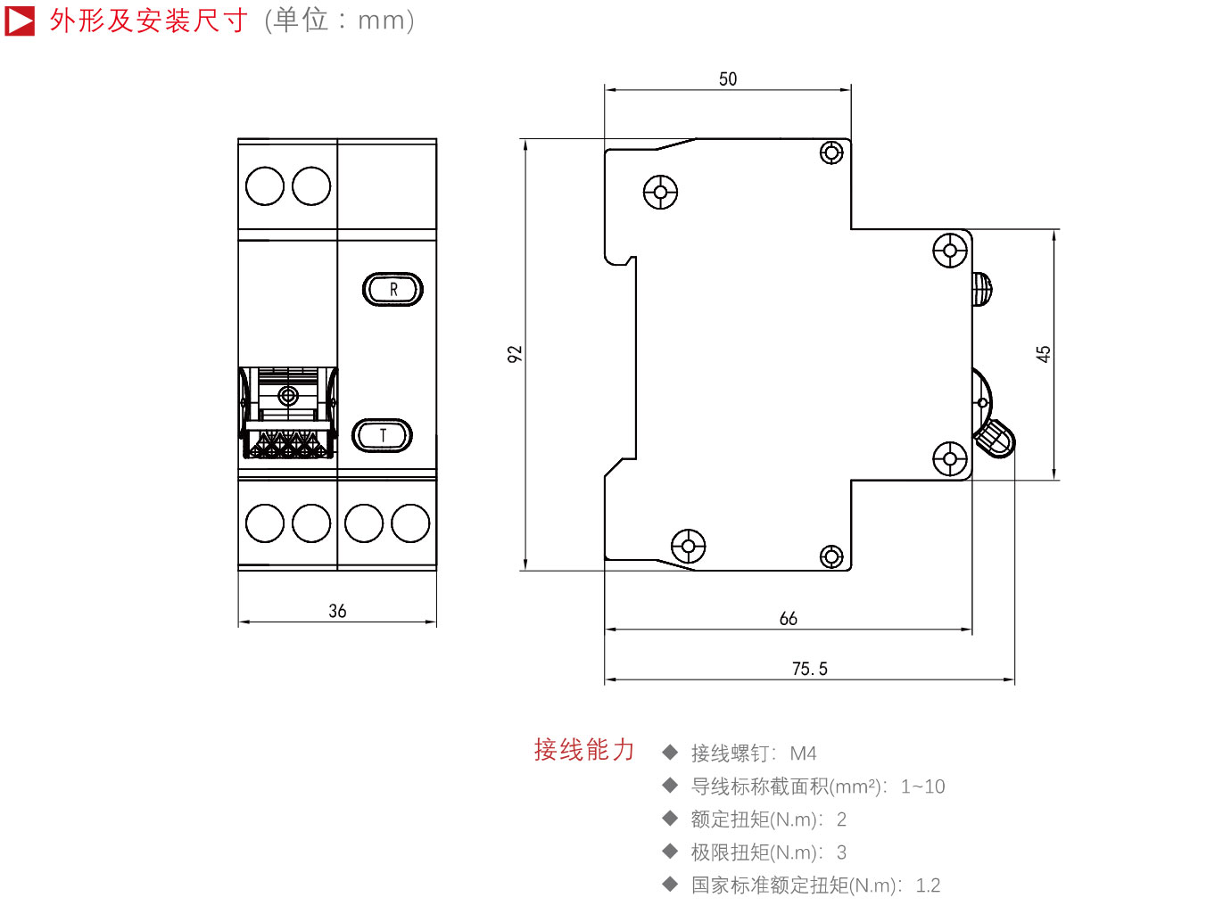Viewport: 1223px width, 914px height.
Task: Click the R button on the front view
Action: (393, 289)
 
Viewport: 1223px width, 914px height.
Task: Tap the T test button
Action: (382, 435)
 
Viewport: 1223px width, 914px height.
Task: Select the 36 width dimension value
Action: (337, 611)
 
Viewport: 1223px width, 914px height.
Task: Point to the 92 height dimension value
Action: (515, 354)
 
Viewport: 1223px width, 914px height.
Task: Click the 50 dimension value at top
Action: (728, 79)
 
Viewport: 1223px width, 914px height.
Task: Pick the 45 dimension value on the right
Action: (1043, 354)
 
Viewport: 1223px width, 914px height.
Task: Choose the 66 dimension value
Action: (788, 618)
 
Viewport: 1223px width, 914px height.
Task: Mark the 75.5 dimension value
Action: (810, 669)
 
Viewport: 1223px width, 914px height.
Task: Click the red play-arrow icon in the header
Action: (20, 21)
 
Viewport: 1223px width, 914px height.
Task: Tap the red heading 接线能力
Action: (584, 749)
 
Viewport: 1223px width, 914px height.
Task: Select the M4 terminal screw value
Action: (803, 753)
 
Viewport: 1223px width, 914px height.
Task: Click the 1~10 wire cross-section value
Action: (922, 786)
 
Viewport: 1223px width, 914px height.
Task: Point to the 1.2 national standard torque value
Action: (928, 885)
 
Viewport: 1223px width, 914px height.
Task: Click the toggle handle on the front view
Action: (287, 413)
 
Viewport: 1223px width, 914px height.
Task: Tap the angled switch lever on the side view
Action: (996, 439)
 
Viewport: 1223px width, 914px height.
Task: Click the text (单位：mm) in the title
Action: (339, 21)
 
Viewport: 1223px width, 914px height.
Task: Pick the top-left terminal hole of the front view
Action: (265, 186)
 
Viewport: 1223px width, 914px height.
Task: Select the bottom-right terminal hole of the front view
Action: (410, 523)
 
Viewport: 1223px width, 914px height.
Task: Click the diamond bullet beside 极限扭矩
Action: (670, 851)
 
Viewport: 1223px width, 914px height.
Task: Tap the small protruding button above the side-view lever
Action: (982, 289)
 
